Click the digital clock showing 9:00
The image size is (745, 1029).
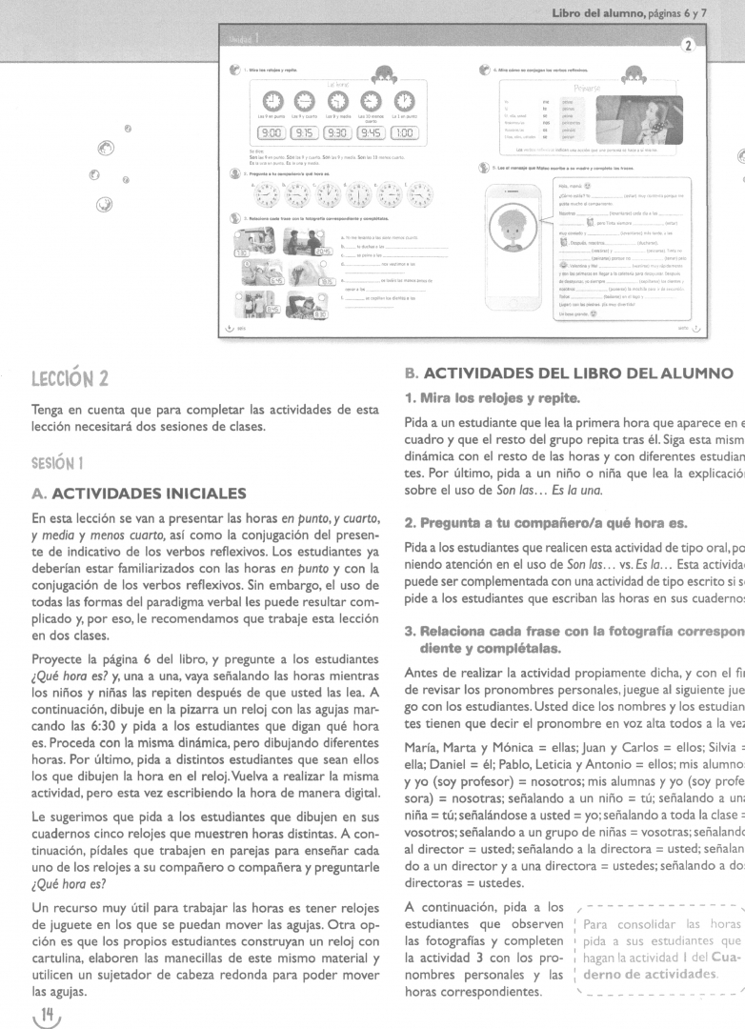[271, 133]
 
